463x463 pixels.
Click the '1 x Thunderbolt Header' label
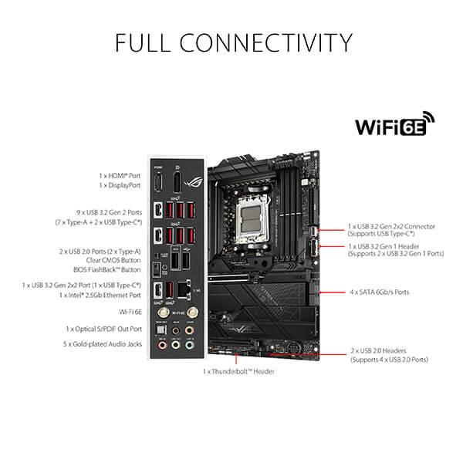[239, 371]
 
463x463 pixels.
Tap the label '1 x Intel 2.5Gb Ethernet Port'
[100, 296]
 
